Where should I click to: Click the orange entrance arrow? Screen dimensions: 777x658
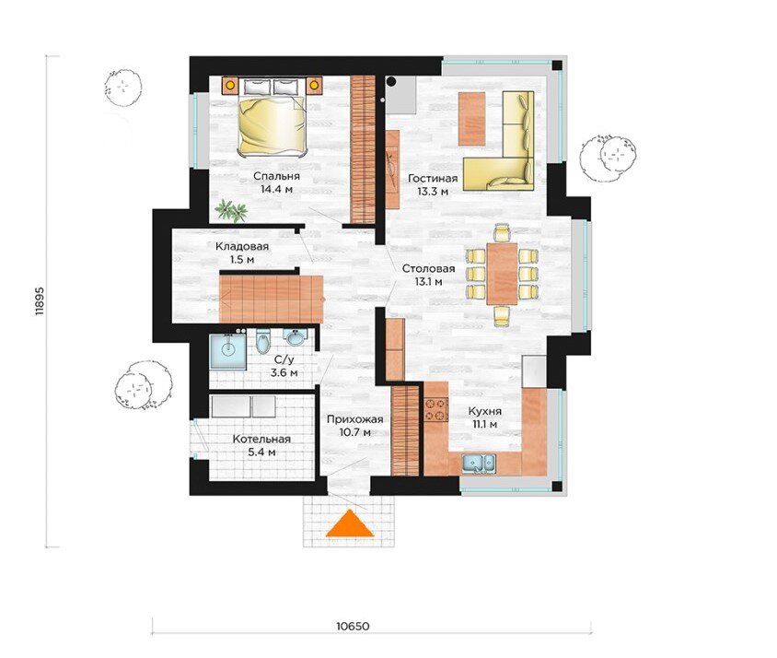coord(349,523)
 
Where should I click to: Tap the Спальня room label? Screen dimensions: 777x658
coord(276,176)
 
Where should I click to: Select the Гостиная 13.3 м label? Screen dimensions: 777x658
coord(433,184)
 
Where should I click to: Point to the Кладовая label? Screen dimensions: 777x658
coord(242,247)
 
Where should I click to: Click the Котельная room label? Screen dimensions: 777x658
coord(261,440)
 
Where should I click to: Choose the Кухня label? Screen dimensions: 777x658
coord(485,411)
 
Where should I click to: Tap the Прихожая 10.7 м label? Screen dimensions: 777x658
coord(354,426)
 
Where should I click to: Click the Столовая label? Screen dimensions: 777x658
coord(429,269)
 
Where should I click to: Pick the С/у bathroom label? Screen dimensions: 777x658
coord(284,360)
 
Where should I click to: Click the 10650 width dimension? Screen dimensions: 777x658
coord(353,626)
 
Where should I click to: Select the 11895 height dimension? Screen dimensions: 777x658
coord(41,300)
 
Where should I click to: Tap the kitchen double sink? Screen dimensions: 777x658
coord(478,463)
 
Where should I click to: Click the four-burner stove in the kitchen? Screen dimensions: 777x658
coord(436,409)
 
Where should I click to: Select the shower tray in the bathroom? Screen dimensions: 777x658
coord(228,351)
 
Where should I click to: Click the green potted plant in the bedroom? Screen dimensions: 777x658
coord(231,210)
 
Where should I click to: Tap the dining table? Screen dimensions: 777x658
coord(502,274)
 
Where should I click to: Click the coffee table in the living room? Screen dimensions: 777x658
coord(471,119)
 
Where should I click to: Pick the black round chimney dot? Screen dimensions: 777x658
coord(392,81)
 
